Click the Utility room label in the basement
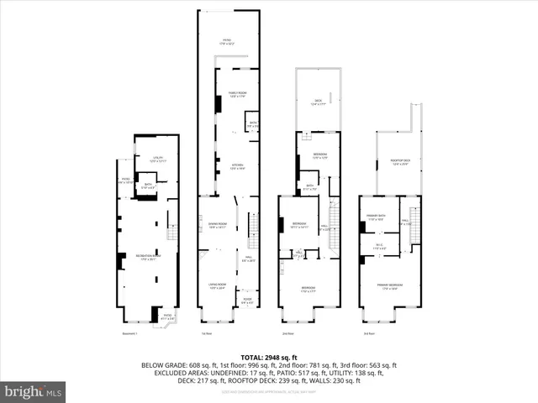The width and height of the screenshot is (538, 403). click(x=158, y=160)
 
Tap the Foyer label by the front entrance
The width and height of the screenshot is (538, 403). click(x=247, y=301)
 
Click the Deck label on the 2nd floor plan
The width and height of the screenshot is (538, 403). click(x=318, y=102)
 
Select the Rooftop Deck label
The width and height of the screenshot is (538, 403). click(x=400, y=163)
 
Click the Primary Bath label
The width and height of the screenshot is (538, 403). click(x=375, y=219)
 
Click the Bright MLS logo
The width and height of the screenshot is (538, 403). click(x=34, y=391)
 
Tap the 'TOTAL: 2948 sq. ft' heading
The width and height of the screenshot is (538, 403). click(x=268, y=357)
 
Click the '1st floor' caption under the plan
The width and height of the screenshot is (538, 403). click(x=206, y=334)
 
